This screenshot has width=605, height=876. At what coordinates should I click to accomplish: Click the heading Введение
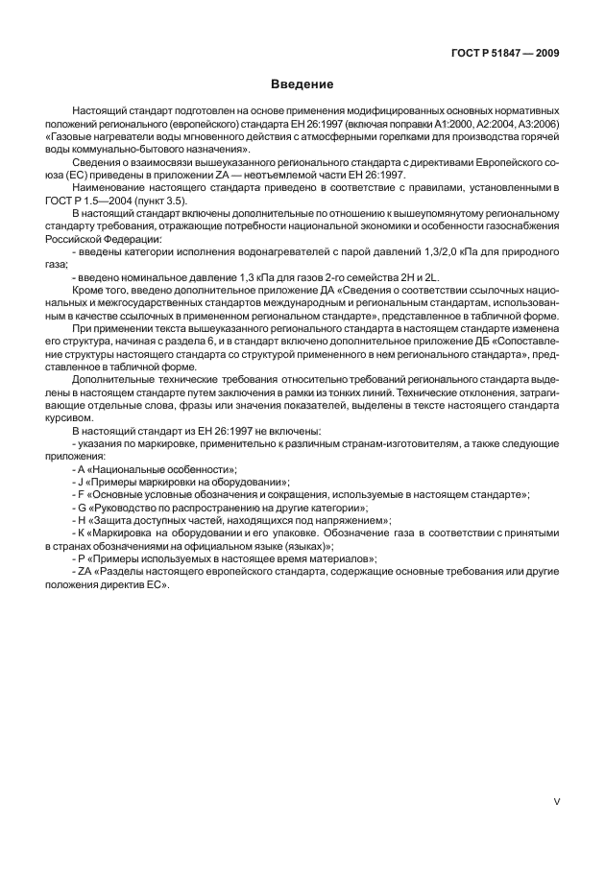coord(302,84)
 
